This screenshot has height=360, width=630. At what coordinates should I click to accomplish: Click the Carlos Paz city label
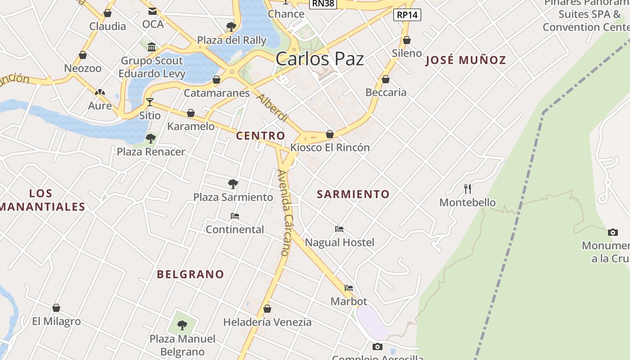319,59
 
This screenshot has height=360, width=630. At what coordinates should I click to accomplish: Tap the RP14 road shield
407,15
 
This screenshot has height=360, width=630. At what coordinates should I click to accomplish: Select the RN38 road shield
323,4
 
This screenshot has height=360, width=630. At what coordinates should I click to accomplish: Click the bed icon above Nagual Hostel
339,229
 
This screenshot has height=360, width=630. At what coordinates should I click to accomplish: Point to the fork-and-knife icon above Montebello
468,189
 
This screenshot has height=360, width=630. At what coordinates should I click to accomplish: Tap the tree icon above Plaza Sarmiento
233,184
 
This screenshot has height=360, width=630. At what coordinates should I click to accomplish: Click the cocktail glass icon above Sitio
149,102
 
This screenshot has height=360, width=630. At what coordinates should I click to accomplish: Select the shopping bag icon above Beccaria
386,79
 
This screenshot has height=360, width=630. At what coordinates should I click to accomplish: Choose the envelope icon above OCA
153,11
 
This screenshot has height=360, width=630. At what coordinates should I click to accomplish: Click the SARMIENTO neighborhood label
353,194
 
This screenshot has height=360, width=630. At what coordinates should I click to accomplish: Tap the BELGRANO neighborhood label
190,274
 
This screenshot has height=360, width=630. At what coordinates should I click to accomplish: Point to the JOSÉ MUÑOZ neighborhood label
466,60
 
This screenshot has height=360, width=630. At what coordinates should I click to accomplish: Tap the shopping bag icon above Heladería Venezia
267,309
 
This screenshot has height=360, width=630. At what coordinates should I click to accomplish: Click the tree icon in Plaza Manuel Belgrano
182,324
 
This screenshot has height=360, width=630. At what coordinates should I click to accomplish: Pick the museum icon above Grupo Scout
152,47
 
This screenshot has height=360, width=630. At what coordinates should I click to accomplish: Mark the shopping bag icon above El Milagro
56,308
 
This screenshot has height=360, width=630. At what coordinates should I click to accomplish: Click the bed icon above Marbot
349,288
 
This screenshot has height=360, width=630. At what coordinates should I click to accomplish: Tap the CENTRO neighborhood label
261,136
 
